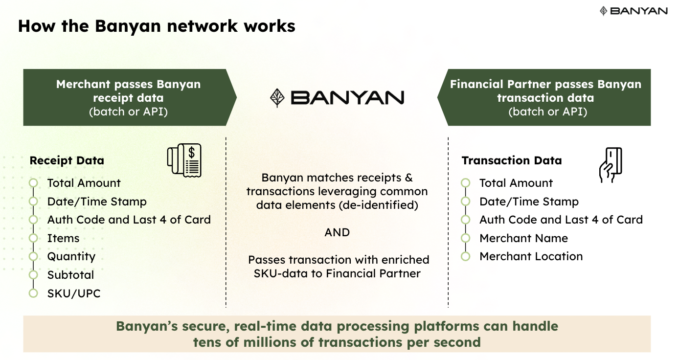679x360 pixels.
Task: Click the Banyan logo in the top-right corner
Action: pos(633,11)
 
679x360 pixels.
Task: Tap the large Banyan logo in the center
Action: pos(337,97)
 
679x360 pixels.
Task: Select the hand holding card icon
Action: pos(610,165)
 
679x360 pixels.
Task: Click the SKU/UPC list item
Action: pos(74,293)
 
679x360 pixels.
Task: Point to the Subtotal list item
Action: pos(70,275)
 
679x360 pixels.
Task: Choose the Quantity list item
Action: pos(71,257)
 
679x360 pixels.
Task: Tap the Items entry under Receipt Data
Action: pos(63,239)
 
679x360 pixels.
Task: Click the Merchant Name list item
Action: pos(523,239)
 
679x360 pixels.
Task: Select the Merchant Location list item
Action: pos(531,257)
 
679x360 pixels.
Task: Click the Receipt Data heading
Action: pos(67,161)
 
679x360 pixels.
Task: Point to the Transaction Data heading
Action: pos(511,161)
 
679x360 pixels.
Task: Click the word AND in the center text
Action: pos(337,232)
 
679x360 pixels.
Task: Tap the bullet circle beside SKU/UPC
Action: pos(33,293)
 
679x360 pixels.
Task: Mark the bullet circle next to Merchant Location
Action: pos(466,257)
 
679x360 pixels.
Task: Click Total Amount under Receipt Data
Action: pos(84,183)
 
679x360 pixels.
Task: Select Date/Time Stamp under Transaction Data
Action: pos(529,202)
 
